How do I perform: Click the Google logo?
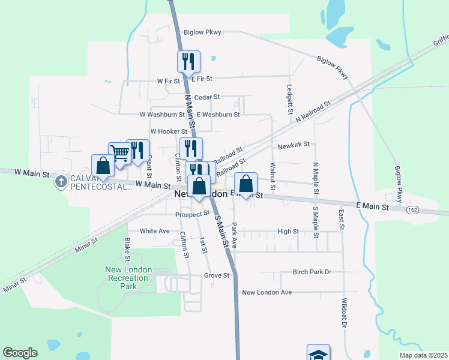coord(20,353)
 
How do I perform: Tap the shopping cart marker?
coord(119,153)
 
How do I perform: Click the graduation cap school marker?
coord(318,353)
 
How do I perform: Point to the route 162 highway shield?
coord(412,210)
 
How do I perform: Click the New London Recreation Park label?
coord(128,278)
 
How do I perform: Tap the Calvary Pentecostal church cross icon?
coord(61,181)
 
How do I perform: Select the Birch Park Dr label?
coord(312,272)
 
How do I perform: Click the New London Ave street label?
coord(267,292)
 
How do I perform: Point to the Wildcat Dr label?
coord(345,313)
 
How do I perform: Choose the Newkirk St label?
coord(294,145)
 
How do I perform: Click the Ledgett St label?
coord(290,99)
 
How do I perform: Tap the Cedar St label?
coord(207,97)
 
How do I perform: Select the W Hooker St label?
coord(169,131)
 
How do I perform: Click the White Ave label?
coord(154,230)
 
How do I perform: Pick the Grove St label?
coord(217,275)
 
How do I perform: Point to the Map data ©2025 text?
coord(423,355)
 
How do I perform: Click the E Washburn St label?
coord(218,114)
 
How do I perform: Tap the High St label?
coord(288,230)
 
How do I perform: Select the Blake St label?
coord(127,250)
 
